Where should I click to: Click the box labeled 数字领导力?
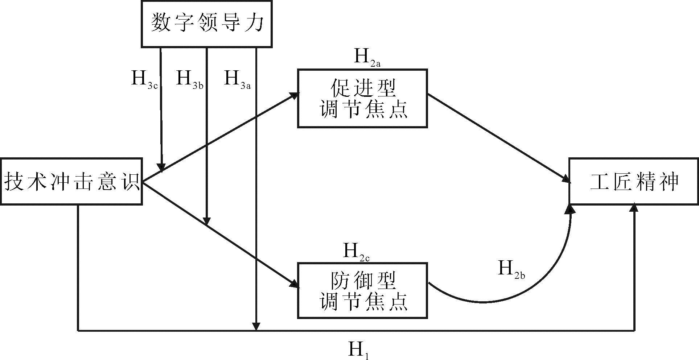(206, 24)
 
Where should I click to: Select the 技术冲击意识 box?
(71, 181)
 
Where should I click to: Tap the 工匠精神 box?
(633, 181)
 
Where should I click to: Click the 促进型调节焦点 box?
(362, 98)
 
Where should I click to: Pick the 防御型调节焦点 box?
(362, 290)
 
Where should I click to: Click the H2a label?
(366, 58)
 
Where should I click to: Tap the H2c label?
(355, 252)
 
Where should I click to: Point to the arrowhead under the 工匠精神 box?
(634, 207)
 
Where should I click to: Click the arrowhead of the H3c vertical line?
(162, 167)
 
